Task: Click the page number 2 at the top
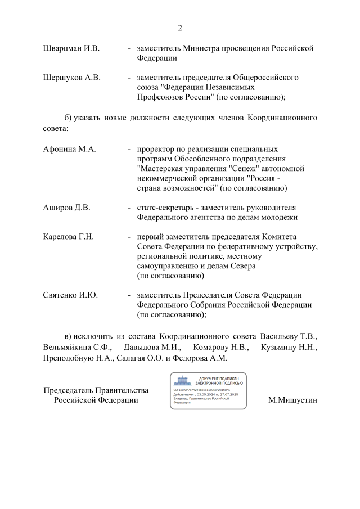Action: [180, 28]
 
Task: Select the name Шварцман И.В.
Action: [71, 48]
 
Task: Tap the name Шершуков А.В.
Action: [71, 78]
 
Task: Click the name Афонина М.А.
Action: [70, 149]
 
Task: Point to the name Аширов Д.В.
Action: [66, 208]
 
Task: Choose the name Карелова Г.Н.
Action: [68, 237]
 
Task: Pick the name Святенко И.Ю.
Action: [70, 295]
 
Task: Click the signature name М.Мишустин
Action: [293, 400]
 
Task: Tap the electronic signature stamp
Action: [208, 390]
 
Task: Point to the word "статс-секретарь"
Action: [166, 208]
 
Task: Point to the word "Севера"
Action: [243, 265]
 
